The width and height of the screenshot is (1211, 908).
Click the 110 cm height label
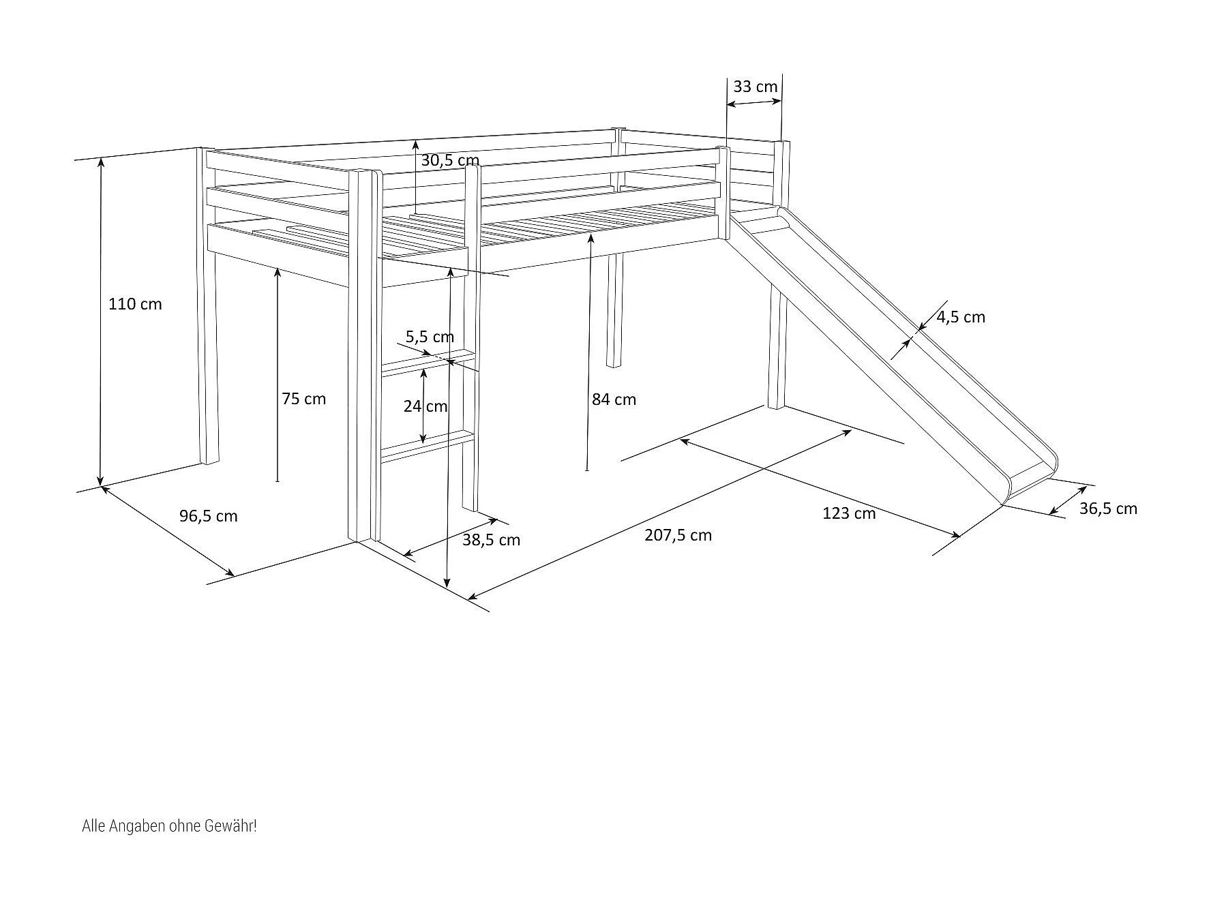pyautogui.click(x=135, y=304)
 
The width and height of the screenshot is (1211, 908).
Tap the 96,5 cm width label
pyautogui.click(x=209, y=516)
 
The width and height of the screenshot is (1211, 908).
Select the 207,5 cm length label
pyautogui.click(x=678, y=535)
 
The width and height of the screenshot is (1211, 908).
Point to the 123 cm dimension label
pyautogui.click(x=849, y=513)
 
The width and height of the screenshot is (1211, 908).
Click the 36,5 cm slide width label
pyautogui.click(x=1108, y=509)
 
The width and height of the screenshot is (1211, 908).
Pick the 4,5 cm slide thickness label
pyautogui.click(x=960, y=317)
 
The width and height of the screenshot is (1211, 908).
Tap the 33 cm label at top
pyautogui.click(x=755, y=87)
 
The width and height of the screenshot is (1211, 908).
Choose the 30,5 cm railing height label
pyautogui.click(x=450, y=160)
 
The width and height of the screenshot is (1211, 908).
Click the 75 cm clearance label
pyautogui.click(x=303, y=399)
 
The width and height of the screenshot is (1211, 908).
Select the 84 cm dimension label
pyautogui.click(x=614, y=399)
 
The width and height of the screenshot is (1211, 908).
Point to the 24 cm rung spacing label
pyautogui.click(x=425, y=406)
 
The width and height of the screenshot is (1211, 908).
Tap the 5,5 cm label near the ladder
pyautogui.click(x=430, y=337)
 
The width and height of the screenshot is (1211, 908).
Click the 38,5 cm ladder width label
pyautogui.click(x=491, y=541)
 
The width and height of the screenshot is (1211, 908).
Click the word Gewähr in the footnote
pyautogui.click(x=235, y=826)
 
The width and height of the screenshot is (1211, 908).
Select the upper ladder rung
pyautogui.click(x=428, y=363)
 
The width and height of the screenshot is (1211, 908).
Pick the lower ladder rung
pyautogui.click(x=428, y=445)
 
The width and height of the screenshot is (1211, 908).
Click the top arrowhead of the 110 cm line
pyautogui.click(x=102, y=161)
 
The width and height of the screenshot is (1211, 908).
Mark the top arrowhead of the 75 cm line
pyautogui.click(x=278, y=271)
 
